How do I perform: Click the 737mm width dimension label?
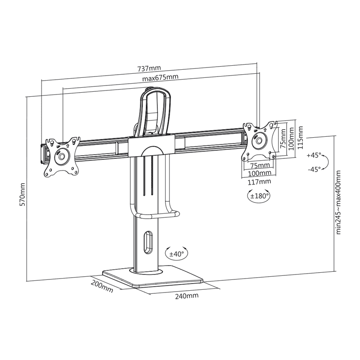149,68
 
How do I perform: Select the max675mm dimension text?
160,77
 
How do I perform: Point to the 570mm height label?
23,194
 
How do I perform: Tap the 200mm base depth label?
102,287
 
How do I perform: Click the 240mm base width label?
187,296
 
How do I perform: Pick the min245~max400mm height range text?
338,202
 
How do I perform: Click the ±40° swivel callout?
176,254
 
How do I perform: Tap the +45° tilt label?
314,155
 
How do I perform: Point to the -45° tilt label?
314,170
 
